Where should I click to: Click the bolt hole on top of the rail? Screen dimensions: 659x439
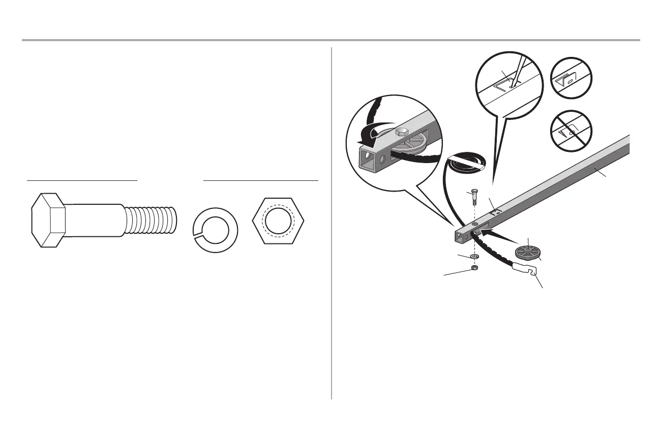(x=474, y=224)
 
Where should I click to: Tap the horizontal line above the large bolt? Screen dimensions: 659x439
(x=82, y=180)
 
